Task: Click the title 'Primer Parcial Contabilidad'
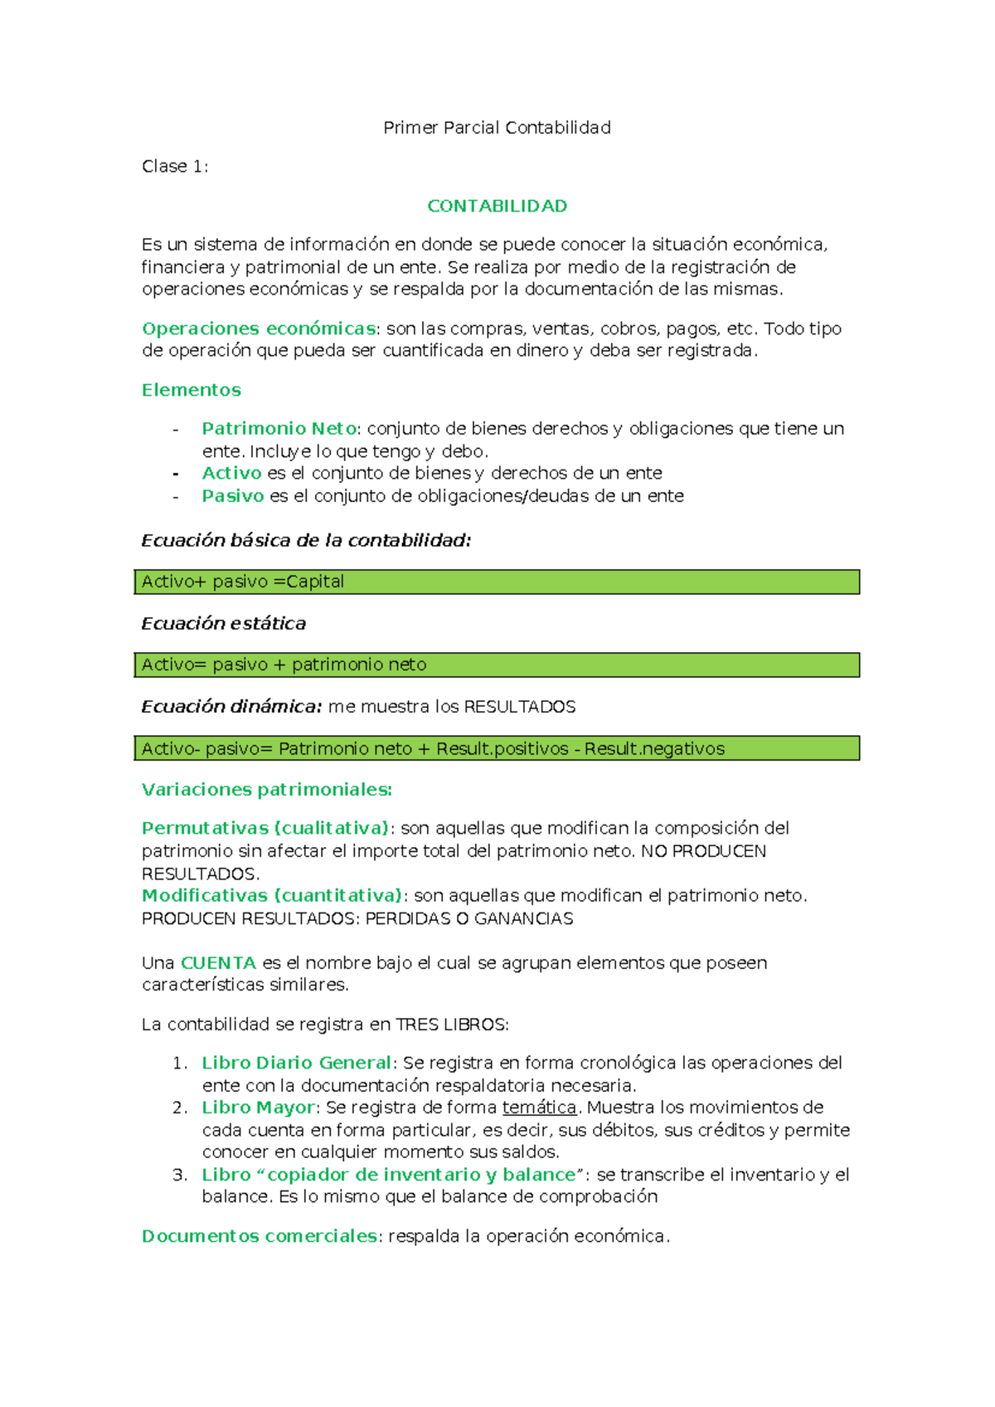(497, 128)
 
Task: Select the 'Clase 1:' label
(175, 167)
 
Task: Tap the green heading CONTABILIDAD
(497, 206)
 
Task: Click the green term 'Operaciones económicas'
(259, 329)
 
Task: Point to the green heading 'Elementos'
(192, 390)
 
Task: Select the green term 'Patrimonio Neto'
(279, 429)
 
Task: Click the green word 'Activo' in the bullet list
(231, 473)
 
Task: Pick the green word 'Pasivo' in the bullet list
(232, 496)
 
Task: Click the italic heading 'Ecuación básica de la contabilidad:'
(306, 541)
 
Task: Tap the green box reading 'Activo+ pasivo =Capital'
(496, 582)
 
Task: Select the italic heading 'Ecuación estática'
(223, 624)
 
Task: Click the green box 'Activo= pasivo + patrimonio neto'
(496, 665)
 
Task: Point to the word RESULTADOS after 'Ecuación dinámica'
(519, 707)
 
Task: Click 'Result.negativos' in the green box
(654, 749)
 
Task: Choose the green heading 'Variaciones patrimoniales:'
(267, 790)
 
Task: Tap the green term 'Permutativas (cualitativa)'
(265, 828)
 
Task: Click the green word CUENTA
(218, 963)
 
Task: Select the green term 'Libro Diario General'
(296, 1063)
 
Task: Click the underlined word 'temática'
(539, 1108)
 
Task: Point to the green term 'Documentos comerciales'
(260, 1236)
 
